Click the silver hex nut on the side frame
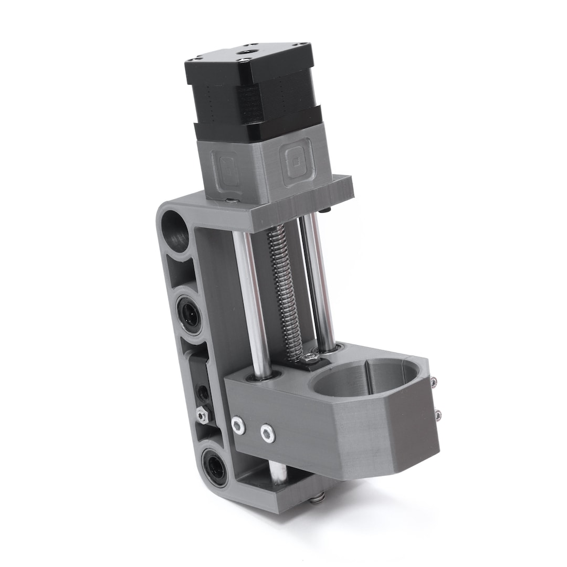click(202, 415)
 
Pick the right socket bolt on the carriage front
click(268, 433)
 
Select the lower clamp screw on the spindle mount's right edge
click(438, 416)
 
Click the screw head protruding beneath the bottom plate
click(316, 498)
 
